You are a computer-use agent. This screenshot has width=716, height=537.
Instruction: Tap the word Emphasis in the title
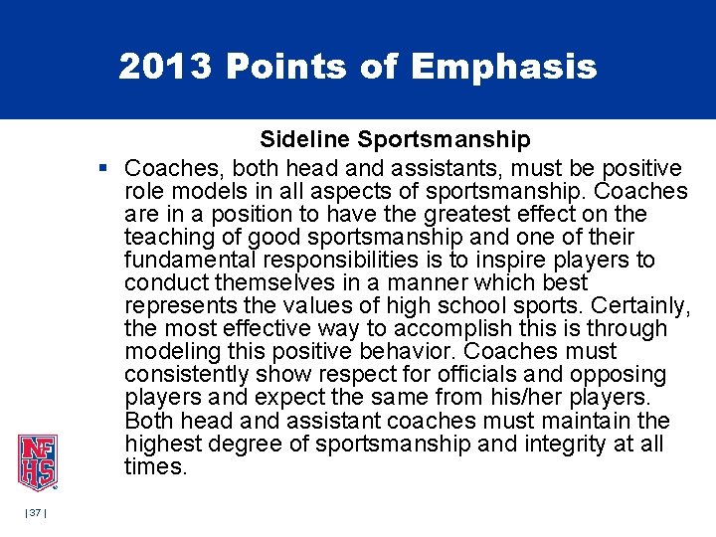[x=503, y=67]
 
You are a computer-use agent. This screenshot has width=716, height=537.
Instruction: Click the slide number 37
[x=36, y=512]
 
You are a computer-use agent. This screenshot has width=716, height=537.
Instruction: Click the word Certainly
[x=637, y=306]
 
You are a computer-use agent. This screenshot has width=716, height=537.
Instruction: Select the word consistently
[x=186, y=375]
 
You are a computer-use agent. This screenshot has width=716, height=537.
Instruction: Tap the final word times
[x=155, y=466]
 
